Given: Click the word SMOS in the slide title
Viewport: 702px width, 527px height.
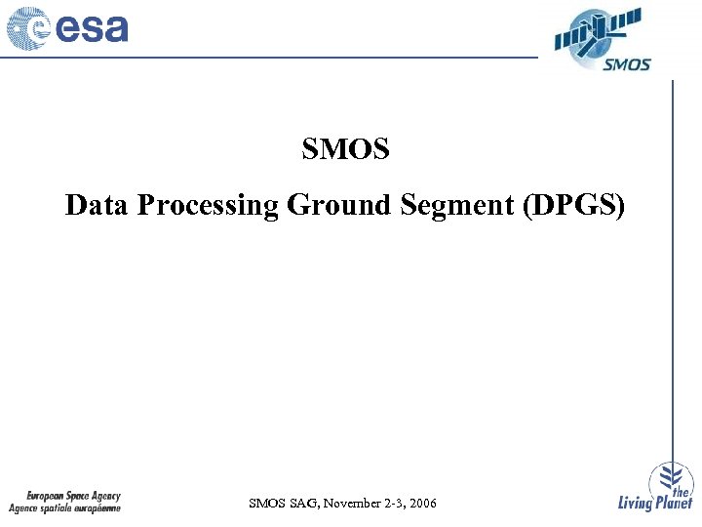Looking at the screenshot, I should pos(345,149).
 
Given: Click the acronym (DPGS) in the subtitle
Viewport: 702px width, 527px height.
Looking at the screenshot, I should pos(574,206).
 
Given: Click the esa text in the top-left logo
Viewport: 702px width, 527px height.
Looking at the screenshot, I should pos(94,28).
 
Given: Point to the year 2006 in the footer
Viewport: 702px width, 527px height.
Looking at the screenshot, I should pos(422,504).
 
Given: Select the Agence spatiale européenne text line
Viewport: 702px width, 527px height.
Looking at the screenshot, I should pos(65,508).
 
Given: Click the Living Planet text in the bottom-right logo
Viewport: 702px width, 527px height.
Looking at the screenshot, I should pos(655,504).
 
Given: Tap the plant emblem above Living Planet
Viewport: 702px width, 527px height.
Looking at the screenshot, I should pos(667,475).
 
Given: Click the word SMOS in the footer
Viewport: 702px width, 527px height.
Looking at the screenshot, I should pos(266,504).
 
